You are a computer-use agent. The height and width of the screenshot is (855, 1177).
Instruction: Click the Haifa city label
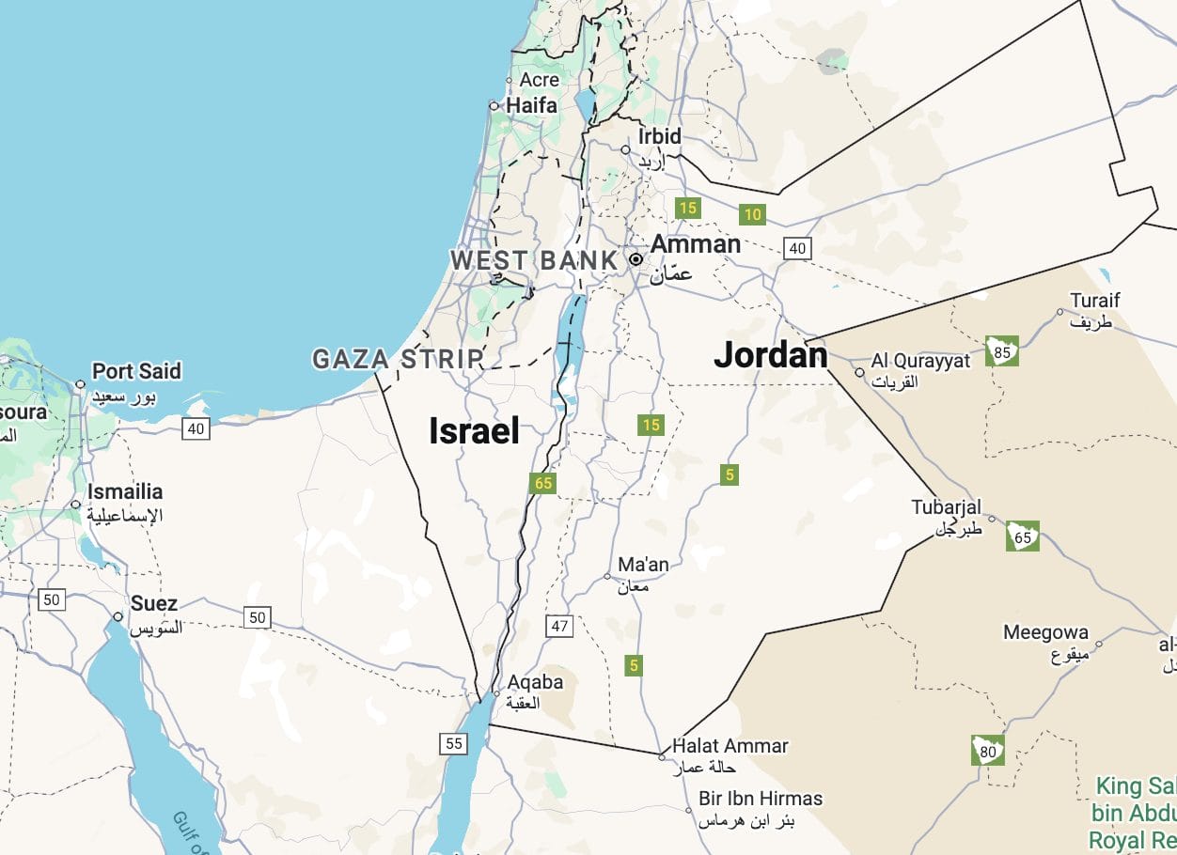click(x=531, y=105)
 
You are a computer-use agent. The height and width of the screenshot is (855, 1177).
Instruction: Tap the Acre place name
click(x=539, y=80)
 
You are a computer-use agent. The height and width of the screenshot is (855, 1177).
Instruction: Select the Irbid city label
click(x=659, y=136)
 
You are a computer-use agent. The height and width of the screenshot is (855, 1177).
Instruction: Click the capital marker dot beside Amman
click(x=636, y=259)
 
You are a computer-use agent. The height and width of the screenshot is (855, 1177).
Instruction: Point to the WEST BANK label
click(x=534, y=260)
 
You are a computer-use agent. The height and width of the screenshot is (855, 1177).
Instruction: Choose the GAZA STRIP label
click(x=398, y=359)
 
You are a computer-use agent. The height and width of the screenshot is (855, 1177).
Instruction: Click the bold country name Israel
click(x=474, y=430)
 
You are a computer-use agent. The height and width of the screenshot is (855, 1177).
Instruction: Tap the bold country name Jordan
click(x=770, y=354)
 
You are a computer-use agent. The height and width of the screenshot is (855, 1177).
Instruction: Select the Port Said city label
click(x=135, y=371)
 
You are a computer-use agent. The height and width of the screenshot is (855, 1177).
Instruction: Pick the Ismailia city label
click(x=125, y=491)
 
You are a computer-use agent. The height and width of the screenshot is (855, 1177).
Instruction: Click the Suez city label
click(x=154, y=603)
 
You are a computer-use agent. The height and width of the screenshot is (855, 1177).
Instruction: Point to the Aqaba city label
click(x=535, y=682)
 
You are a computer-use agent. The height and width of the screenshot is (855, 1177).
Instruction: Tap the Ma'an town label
click(x=643, y=565)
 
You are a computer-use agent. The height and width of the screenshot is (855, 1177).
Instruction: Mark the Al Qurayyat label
click(x=920, y=361)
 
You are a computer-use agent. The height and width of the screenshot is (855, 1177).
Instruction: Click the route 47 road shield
click(x=559, y=626)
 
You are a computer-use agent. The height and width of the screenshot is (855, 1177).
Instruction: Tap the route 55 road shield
click(x=454, y=743)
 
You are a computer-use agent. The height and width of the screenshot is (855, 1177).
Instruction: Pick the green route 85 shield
click(x=1001, y=350)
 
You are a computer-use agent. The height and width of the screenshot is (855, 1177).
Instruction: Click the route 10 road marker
click(x=752, y=215)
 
